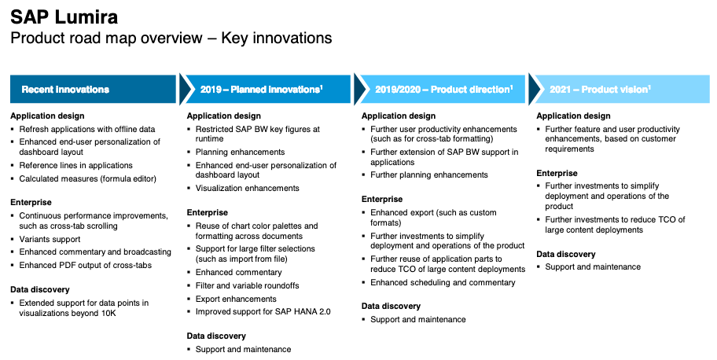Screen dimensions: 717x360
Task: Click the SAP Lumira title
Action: [64, 17]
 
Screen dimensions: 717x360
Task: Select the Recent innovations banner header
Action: [65, 89]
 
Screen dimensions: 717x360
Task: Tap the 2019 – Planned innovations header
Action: [262, 89]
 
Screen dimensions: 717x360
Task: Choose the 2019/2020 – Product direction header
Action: [444, 89]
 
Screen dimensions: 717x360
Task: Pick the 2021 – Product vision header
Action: [600, 89]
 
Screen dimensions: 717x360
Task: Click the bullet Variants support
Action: [50, 239]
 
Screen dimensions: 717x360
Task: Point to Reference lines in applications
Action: [76, 166]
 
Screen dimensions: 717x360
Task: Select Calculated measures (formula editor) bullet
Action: [88, 179]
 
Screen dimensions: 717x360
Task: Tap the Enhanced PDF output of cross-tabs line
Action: [86, 266]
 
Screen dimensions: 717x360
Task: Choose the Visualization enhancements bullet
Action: [248, 189]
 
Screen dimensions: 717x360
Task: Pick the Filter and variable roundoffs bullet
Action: [248, 286]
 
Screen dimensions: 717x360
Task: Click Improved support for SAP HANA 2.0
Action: [263, 312]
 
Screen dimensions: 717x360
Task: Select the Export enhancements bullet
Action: [236, 299]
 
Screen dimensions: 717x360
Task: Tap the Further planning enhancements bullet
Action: [429, 175]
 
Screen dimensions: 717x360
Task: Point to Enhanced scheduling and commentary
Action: [443, 283]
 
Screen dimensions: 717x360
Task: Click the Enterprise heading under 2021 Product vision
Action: [557, 174]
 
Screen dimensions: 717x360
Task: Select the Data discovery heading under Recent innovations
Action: [40, 290]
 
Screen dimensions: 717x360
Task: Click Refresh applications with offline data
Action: [87, 130]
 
